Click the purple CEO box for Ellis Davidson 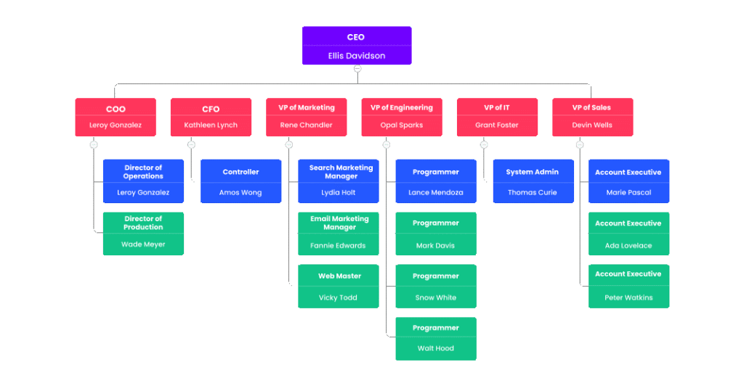[357, 45]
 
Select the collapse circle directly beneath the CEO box [357, 69]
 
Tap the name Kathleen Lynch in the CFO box [211, 125]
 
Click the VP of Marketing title [307, 107]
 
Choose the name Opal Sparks [401, 125]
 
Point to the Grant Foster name [497, 125]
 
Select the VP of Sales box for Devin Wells [592, 117]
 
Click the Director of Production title [143, 223]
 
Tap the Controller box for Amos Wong [240, 181]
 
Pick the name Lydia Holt [338, 193]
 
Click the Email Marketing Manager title [339, 223]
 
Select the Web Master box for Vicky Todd [338, 286]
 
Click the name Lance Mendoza [436, 193]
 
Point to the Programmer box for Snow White [436, 286]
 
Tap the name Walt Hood [436, 348]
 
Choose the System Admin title [533, 172]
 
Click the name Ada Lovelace [628, 245]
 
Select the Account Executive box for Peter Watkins [628, 286]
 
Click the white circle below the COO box [94, 145]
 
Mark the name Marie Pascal [628, 193]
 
